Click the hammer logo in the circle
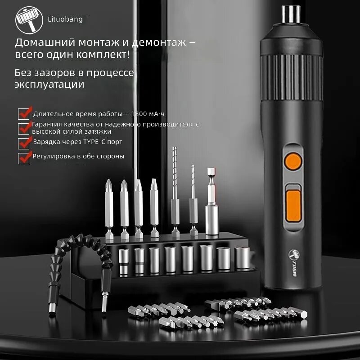(x=29, y=20)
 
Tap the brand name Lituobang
(x=65, y=19)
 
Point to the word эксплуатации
(x=49, y=85)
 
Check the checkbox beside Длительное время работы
(x=24, y=114)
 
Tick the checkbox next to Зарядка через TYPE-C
(x=24, y=144)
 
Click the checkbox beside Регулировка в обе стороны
(x=24, y=158)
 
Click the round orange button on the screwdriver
(x=293, y=162)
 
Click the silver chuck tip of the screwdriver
(x=291, y=14)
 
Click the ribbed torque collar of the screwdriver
(x=292, y=77)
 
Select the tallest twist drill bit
(x=175, y=191)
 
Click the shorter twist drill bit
(x=193, y=200)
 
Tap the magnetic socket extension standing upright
(x=211, y=201)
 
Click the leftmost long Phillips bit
(x=109, y=209)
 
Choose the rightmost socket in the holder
(x=242, y=257)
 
